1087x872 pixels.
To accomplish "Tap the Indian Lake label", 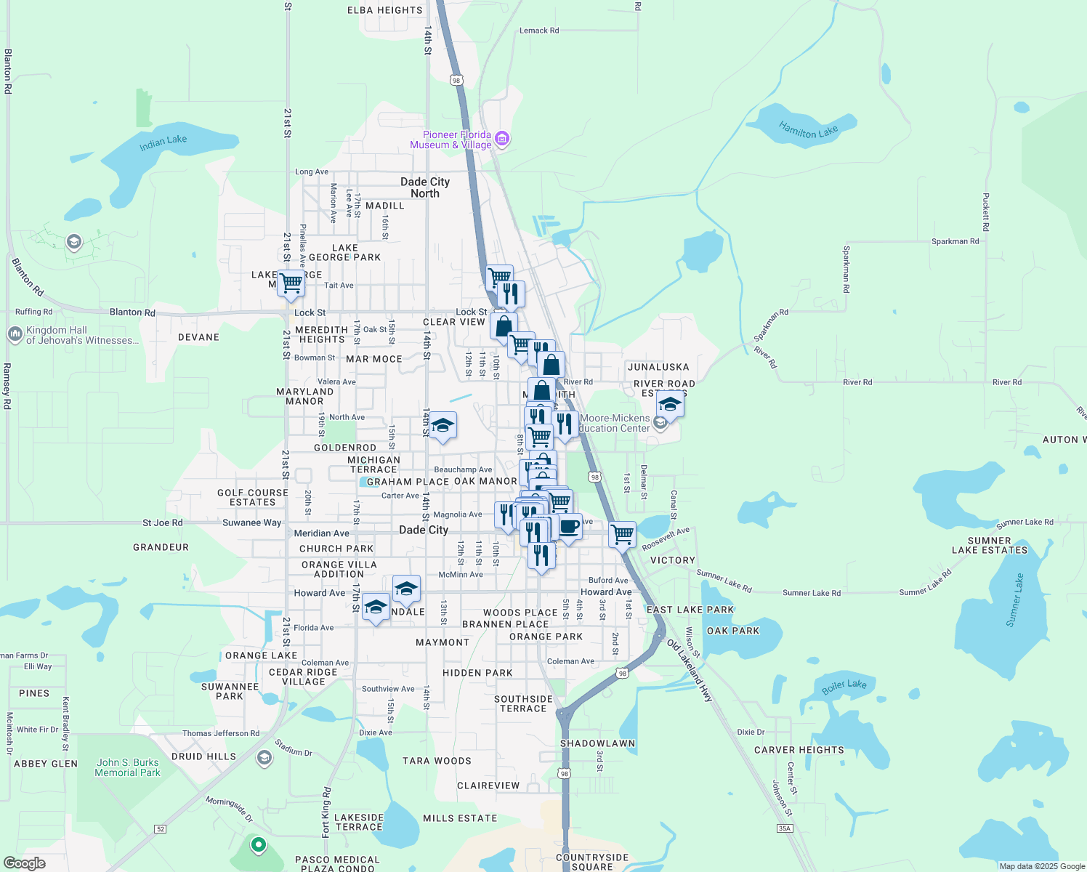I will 163,142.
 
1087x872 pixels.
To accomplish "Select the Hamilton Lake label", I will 808,132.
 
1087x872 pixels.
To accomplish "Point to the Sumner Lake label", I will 1014,600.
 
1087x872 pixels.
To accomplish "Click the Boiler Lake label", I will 844,685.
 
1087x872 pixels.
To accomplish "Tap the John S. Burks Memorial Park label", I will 127,767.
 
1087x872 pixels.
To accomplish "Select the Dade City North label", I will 425,187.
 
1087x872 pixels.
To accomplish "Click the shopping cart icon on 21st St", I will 291,283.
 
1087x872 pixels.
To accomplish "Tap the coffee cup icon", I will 569,525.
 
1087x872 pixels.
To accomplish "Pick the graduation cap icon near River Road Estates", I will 669,405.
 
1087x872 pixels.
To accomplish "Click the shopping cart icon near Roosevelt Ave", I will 623,534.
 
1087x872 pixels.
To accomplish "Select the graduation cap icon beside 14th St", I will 442,425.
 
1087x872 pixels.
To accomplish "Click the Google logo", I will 24,863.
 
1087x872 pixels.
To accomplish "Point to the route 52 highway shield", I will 161,828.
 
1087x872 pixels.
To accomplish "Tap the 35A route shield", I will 784,828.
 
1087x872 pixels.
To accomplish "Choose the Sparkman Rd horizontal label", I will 955,241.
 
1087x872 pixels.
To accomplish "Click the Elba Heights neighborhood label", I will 384,10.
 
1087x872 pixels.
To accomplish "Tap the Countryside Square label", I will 592,862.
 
